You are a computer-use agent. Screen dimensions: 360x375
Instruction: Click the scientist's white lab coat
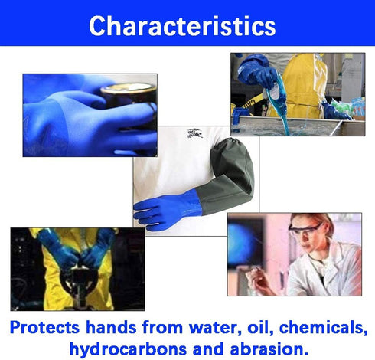(x=337, y=272)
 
